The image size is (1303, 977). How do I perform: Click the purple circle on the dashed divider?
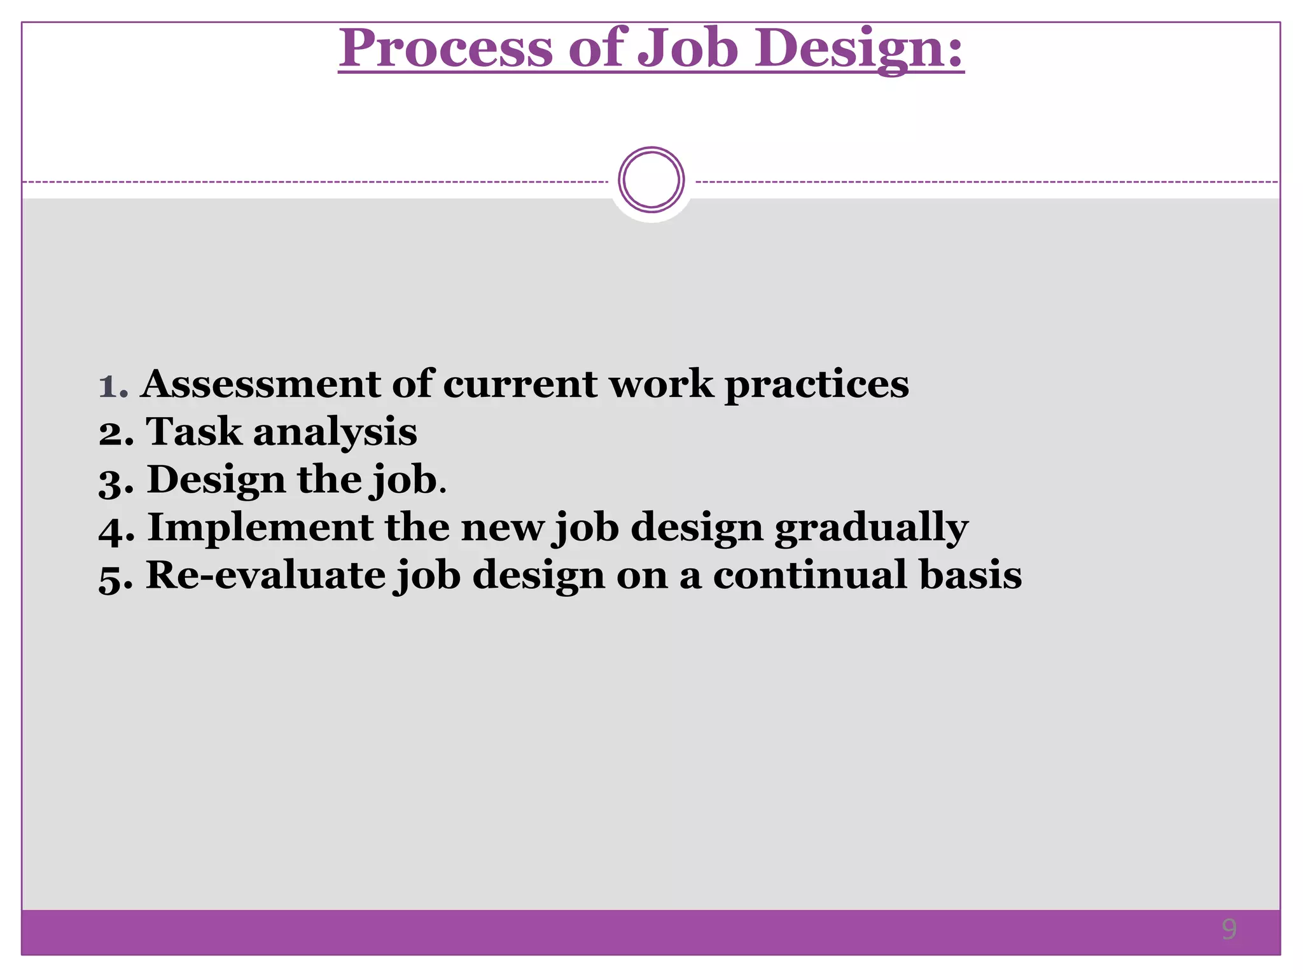pos(651,180)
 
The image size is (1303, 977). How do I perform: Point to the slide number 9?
pos(1229,929)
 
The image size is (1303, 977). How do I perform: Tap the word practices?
pos(817,385)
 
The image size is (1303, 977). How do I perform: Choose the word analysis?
pos(335,433)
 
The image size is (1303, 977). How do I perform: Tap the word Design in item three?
pos(216,480)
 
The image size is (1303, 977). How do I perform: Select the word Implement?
pos(260,528)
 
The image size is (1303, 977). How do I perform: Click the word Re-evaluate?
pos(265,576)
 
